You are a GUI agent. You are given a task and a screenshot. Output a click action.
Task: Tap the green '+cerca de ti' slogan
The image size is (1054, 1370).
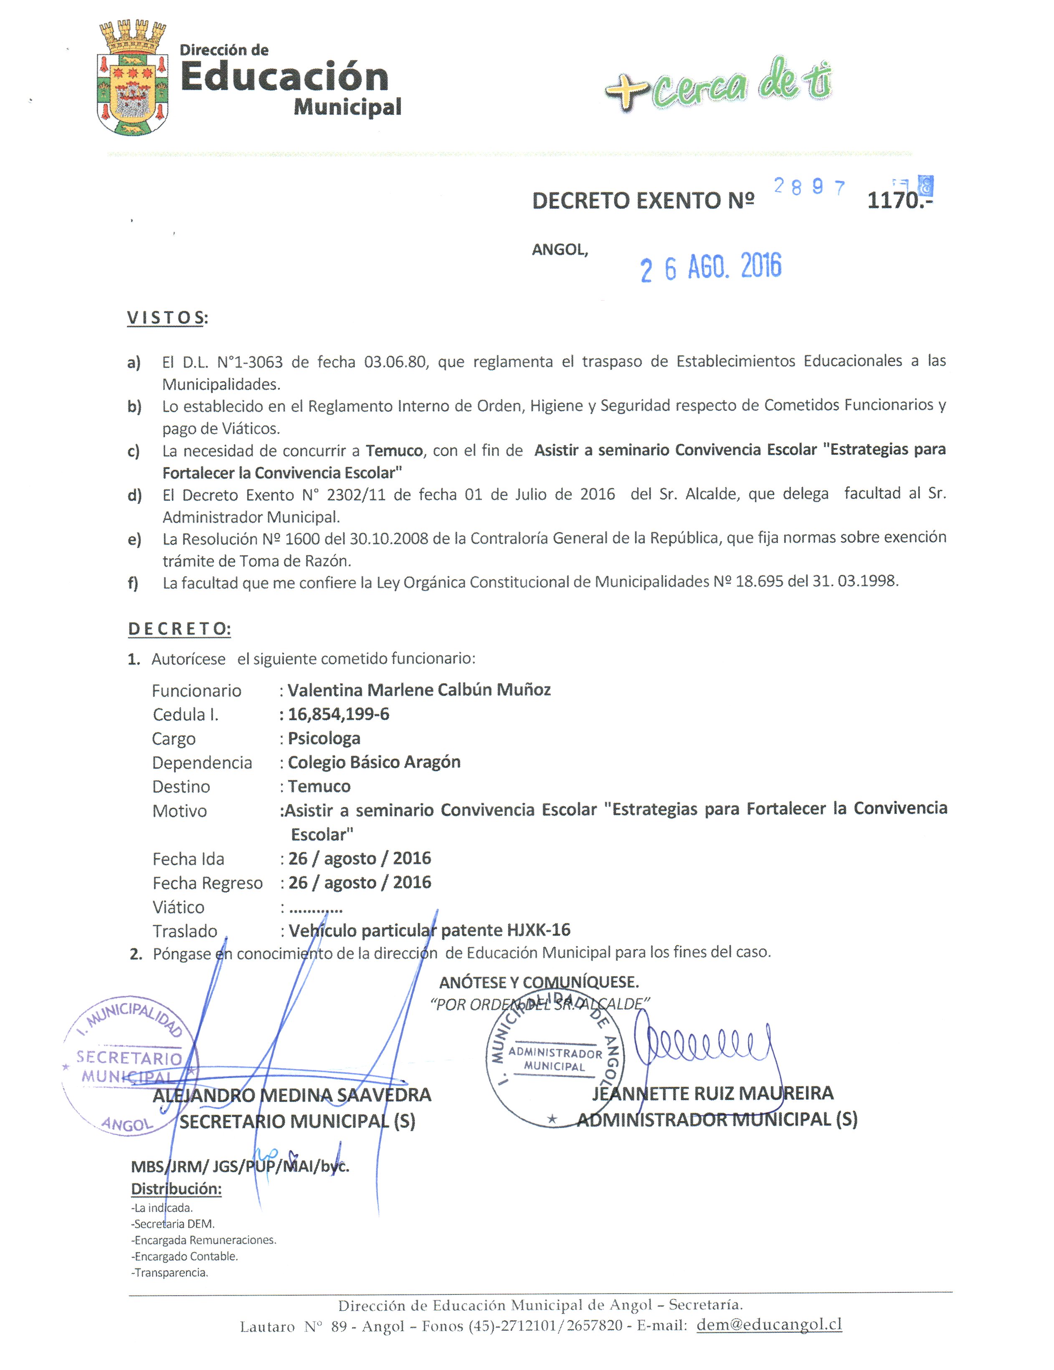pos(718,85)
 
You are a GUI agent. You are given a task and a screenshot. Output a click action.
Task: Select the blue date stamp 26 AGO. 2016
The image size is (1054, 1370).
pos(711,268)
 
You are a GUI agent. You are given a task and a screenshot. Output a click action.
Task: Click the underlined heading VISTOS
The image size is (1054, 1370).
pos(166,318)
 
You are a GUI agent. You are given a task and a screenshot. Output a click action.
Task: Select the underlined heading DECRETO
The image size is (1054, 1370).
pos(180,629)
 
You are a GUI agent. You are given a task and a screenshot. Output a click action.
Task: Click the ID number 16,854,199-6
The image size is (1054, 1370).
pos(339,714)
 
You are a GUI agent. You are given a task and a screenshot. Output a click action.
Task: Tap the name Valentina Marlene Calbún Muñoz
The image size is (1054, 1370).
pos(419,690)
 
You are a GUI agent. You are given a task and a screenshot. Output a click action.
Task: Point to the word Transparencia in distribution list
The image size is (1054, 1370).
pos(171,1272)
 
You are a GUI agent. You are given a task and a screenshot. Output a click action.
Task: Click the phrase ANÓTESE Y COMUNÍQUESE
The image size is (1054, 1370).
pos(539,982)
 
